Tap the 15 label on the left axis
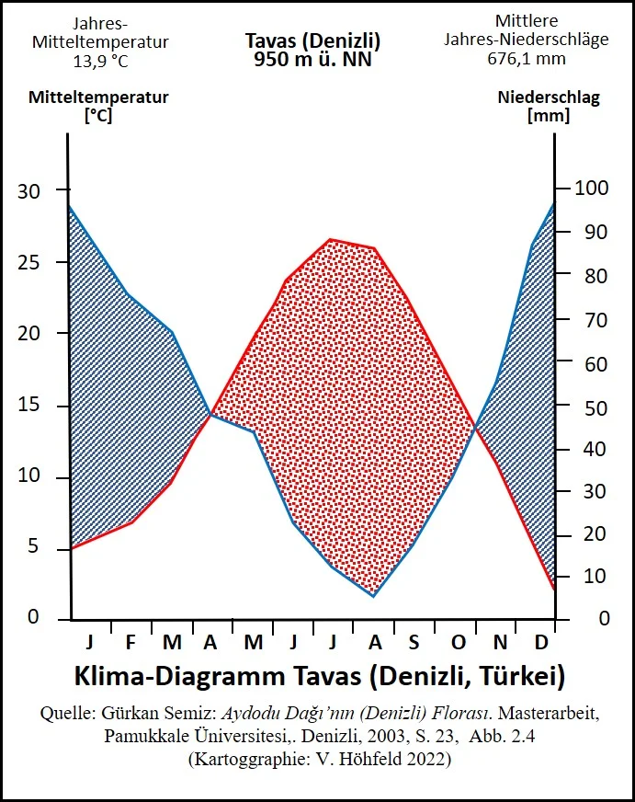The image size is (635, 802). click(29, 406)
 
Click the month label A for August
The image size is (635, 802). click(374, 642)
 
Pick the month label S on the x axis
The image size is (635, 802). click(414, 642)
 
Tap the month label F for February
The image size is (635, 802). click(130, 642)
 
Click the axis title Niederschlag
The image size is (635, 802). click(549, 97)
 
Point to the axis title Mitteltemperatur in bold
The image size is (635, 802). click(98, 97)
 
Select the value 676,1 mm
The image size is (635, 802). click(527, 58)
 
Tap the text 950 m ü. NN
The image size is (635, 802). click(312, 58)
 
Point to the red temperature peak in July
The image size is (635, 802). click(331, 239)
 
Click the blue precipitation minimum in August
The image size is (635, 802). click(373, 596)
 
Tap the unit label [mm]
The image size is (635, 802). click(548, 116)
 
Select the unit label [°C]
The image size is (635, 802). click(97, 116)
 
